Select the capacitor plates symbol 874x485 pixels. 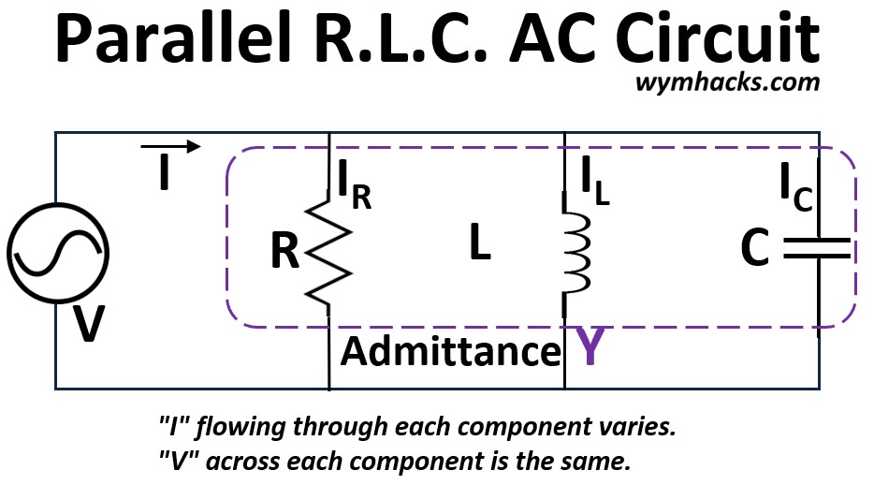[x=817, y=247]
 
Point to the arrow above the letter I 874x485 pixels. [x=170, y=146]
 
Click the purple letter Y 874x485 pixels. [x=589, y=347]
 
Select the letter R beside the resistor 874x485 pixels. [x=286, y=252]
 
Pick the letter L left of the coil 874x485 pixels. [x=480, y=244]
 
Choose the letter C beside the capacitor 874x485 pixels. [x=754, y=248]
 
